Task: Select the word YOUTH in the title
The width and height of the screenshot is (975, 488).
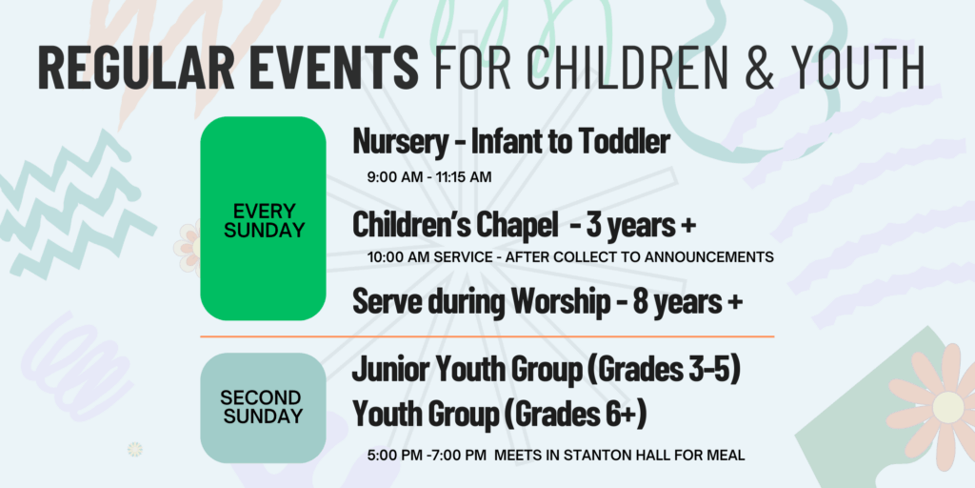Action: click(x=861, y=68)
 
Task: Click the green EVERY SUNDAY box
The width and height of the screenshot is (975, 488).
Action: click(x=263, y=218)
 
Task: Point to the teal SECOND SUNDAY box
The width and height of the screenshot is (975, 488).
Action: click(x=263, y=408)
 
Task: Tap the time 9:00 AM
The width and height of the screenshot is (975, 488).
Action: click(x=394, y=177)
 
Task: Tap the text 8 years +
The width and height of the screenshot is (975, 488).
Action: click(x=687, y=303)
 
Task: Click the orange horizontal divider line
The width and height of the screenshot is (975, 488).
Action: click(x=487, y=336)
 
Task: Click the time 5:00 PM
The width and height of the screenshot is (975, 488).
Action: click(x=393, y=456)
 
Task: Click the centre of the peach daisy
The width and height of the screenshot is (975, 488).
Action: click(x=947, y=405)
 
